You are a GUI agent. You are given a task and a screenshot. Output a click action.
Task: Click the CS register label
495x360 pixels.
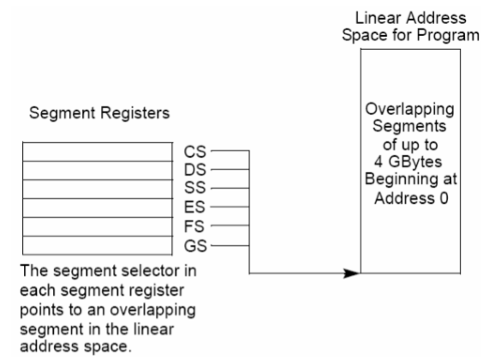pyautogui.click(x=195, y=152)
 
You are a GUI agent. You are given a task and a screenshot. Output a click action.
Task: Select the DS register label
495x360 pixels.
pyautogui.click(x=195, y=170)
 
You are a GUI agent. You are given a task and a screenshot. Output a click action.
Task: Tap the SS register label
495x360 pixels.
pyautogui.click(x=195, y=188)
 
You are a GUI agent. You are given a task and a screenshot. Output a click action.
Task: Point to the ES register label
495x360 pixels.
pyautogui.click(x=194, y=207)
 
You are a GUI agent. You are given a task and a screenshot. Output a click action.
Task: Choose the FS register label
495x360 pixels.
pyautogui.click(x=194, y=226)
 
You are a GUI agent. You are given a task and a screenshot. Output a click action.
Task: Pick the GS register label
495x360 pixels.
pyautogui.click(x=195, y=246)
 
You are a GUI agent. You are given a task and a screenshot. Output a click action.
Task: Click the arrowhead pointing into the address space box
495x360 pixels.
pyautogui.click(x=352, y=273)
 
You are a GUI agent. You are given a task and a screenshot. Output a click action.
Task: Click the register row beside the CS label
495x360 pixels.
pyautogui.click(x=98, y=152)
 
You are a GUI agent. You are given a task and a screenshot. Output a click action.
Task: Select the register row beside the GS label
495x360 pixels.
pyautogui.click(x=98, y=245)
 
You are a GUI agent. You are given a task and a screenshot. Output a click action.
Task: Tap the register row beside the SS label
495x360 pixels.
pyautogui.click(x=98, y=189)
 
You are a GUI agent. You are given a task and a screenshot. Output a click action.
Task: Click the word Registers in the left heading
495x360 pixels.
pyautogui.click(x=134, y=113)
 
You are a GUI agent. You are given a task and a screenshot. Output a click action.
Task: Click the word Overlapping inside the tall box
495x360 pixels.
pyautogui.click(x=409, y=110)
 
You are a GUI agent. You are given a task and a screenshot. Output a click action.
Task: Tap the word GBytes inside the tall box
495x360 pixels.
pyautogui.click(x=414, y=162)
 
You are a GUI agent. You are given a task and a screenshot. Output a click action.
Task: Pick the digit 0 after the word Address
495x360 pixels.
pyautogui.click(x=444, y=199)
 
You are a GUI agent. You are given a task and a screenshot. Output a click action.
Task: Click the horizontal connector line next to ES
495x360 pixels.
pyautogui.click(x=230, y=207)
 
